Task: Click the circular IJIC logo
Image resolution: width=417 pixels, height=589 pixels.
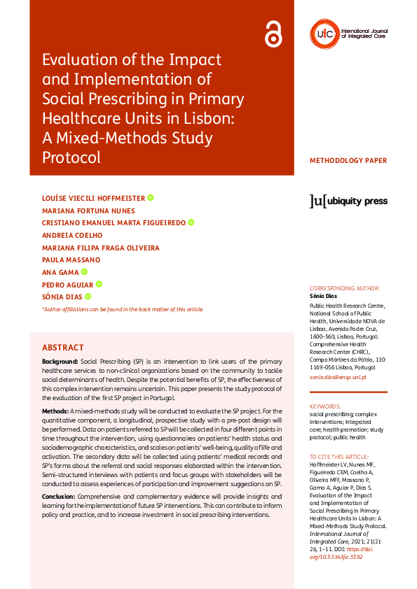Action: [322, 32]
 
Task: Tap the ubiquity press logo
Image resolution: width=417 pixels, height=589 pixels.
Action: [348, 201]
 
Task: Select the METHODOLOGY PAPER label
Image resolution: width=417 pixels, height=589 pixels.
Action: [348, 161]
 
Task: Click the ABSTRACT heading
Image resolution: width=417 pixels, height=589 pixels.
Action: [63, 348]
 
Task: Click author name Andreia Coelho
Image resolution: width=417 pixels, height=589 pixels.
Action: [72, 235]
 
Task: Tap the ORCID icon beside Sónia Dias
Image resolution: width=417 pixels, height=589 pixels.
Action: [88, 297]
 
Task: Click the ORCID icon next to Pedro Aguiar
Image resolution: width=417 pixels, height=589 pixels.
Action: [99, 284]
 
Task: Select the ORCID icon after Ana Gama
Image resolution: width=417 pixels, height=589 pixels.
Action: [84, 272]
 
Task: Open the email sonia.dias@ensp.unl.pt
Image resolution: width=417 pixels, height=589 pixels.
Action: [338, 378]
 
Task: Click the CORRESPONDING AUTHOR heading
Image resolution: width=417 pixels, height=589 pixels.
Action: [345, 288]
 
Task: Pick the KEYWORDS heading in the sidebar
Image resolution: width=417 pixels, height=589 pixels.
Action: [325, 406]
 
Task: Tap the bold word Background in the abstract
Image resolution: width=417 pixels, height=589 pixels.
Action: [60, 361]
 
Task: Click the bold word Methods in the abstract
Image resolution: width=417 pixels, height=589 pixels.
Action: [55, 411]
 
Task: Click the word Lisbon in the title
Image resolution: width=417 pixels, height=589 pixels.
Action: [212, 117]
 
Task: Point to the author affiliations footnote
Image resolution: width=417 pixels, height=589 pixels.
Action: [123, 309]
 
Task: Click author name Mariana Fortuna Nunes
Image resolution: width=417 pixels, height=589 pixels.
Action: [88, 210]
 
